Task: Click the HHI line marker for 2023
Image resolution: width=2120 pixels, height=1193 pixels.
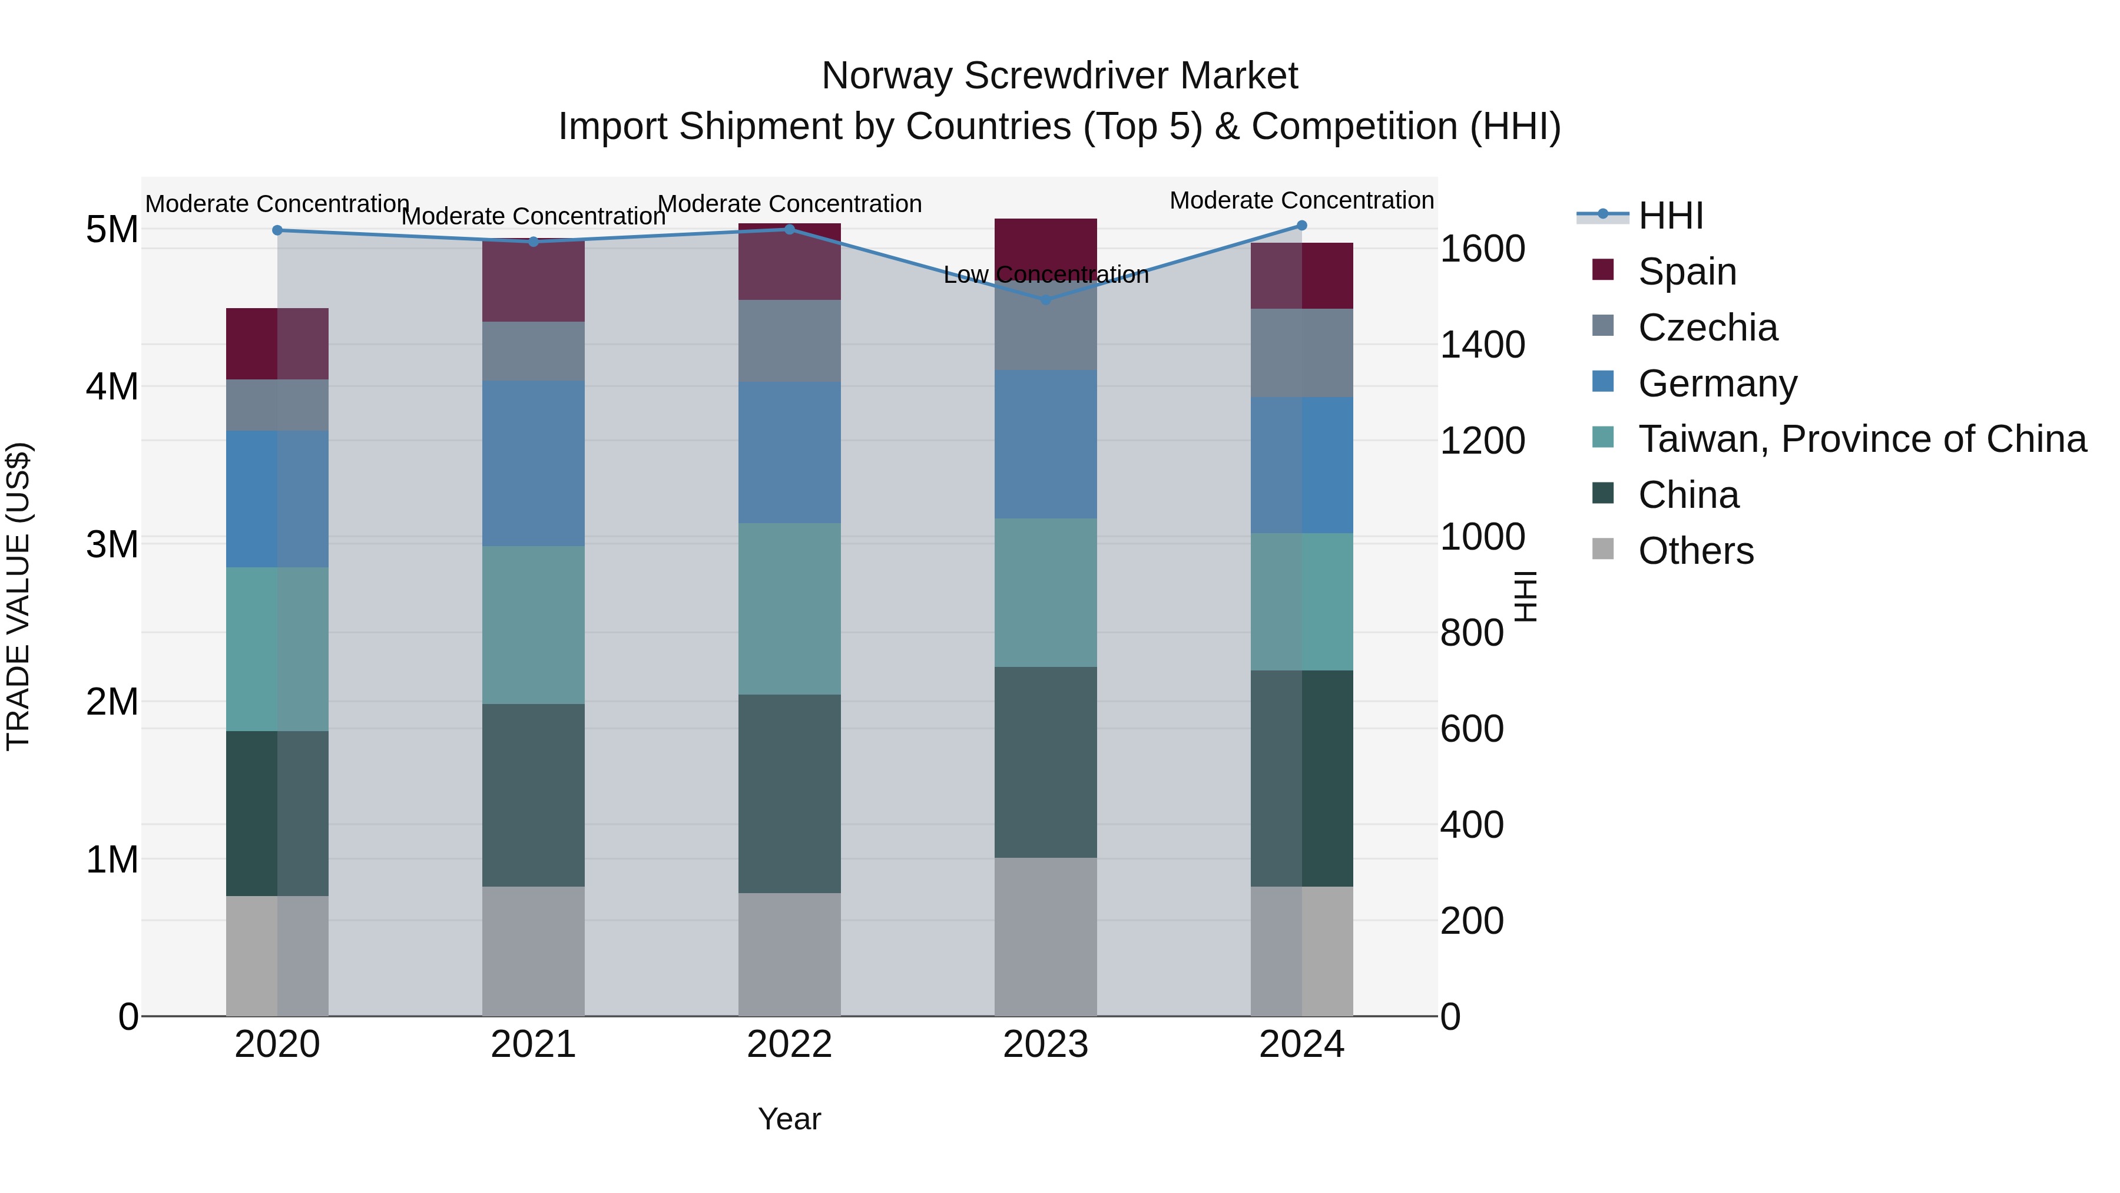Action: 1045,300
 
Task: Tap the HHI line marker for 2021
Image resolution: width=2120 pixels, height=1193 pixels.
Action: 534,241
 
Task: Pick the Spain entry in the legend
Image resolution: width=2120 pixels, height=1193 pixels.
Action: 1687,271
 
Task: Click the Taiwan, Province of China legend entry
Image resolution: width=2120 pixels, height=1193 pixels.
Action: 1861,439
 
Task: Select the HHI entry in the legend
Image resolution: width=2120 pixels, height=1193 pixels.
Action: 1670,216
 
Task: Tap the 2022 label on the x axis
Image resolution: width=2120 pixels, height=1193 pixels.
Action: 789,1044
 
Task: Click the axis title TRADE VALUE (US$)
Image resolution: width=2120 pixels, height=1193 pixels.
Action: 18,596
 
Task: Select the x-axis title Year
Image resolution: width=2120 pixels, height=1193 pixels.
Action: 789,1119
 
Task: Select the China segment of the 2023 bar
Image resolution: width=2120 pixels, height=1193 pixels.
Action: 1045,762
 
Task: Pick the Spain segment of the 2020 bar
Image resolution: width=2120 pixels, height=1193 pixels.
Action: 277,343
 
